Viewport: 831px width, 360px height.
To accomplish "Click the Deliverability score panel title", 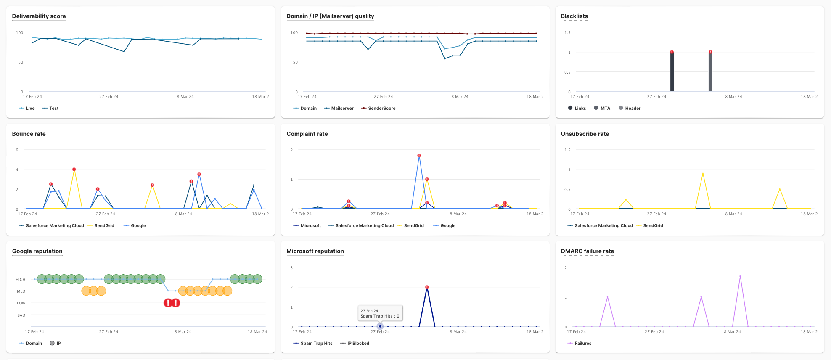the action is pyautogui.click(x=39, y=16).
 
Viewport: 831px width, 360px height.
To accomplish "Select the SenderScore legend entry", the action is pyautogui.click(x=378, y=108).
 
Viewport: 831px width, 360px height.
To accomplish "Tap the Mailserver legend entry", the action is pyautogui.click(x=339, y=108).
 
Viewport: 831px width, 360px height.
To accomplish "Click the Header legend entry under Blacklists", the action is pyautogui.click(x=630, y=108).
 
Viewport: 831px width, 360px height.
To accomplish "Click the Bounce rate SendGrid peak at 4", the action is pyautogui.click(x=74, y=169).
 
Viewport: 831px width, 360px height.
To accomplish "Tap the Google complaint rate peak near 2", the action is pyautogui.click(x=419, y=156).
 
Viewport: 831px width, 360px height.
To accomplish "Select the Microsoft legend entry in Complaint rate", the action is pyautogui.click(x=307, y=225).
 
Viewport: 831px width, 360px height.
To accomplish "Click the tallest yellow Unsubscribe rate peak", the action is pyautogui.click(x=703, y=173).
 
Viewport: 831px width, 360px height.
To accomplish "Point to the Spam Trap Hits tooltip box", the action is pyautogui.click(x=380, y=313).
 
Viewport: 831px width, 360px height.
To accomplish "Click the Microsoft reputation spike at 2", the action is pyautogui.click(x=427, y=287).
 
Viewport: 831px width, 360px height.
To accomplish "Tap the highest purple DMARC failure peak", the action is pyautogui.click(x=740, y=276).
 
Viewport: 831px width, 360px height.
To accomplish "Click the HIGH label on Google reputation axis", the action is pyautogui.click(x=21, y=279).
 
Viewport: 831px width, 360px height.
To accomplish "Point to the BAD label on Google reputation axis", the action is pyautogui.click(x=21, y=315).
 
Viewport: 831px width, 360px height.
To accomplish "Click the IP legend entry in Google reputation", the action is pyautogui.click(x=55, y=343).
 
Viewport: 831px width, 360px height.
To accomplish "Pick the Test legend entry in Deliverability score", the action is pyautogui.click(x=50, y=108).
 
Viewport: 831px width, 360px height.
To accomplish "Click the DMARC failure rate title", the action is pyautogui.click(x=588, y=251).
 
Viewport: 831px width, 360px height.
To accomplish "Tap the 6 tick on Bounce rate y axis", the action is pyautogui.click(x=17, y=150).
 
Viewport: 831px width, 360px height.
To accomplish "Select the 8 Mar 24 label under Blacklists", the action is pyautogui.click(x=733, y=97).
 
